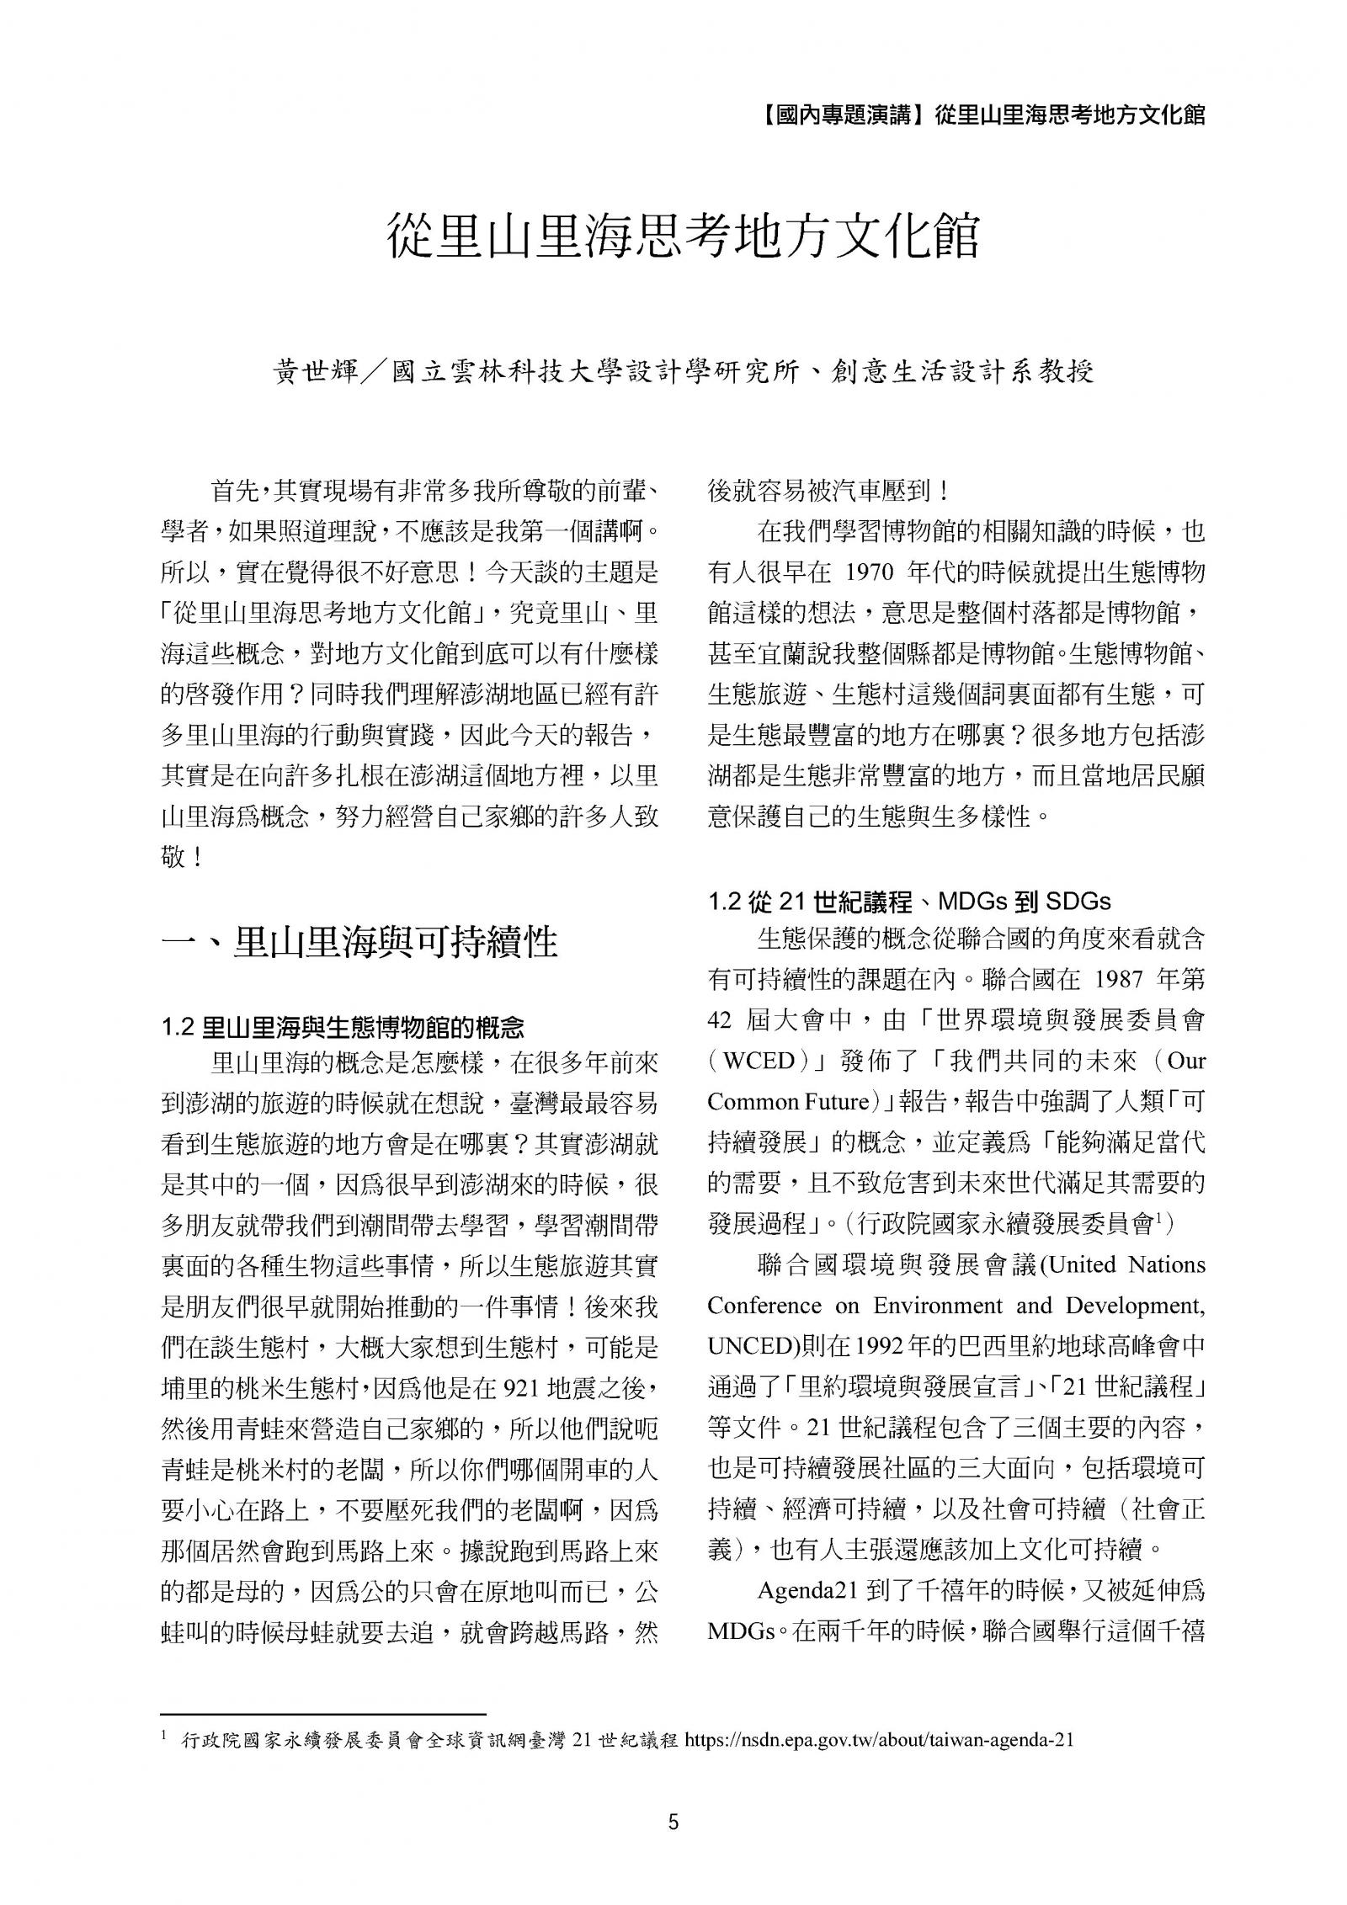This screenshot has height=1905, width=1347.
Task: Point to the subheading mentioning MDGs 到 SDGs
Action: click(908, 902)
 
